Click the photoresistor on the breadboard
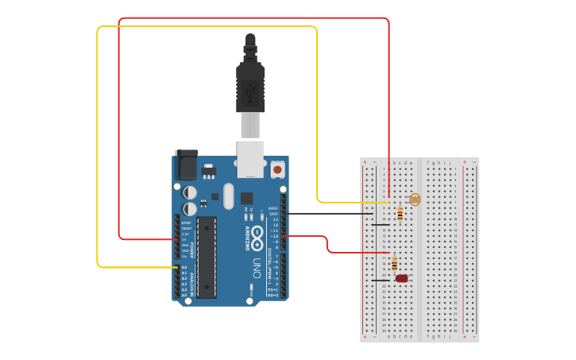[x=414, y=199]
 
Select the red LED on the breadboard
[x=402, y=278]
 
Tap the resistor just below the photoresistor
[x=400, y=213]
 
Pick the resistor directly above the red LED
[x=395, y=263]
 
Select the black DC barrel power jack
[x=186, y=165]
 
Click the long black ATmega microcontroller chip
[x=207, y=257]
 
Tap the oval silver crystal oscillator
[x=229, y=196]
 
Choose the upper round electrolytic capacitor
[x=191, y=192]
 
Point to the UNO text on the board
[x=257, y=268]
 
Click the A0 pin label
[x=184, y=267]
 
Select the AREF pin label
[x=273, y=208]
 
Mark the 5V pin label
[x=184, y=239]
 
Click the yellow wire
[x=207, y=27]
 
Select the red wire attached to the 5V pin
[x=254, y=18]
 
